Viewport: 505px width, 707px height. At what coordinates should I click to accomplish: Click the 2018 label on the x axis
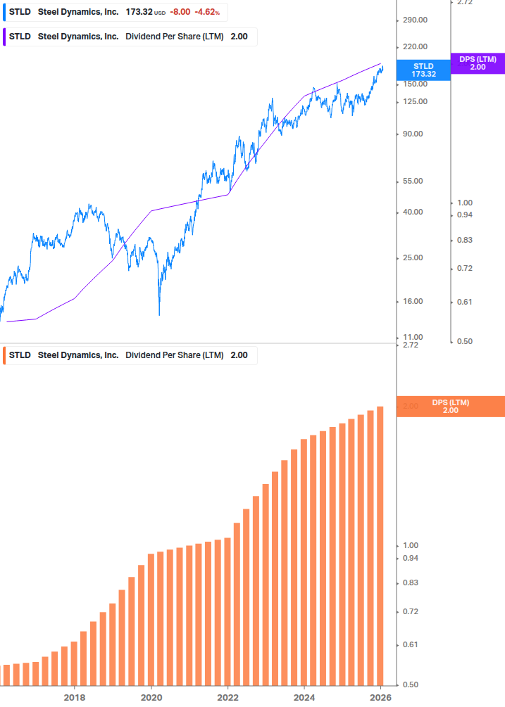click(75, 697)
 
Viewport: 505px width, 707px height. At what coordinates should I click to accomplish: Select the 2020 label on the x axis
click(151, 697)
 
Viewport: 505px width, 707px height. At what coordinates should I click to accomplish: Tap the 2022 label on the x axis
click(228, 697)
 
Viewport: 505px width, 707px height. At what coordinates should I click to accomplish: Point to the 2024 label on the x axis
click(304, 697)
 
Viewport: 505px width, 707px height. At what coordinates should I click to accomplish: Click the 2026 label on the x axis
click(381, 697)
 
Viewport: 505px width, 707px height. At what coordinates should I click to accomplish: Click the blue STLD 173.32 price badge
click(423, 70)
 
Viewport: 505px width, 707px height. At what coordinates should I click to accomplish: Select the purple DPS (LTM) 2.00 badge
click(478, 63)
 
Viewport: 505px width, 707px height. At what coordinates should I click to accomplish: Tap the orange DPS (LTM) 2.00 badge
click(450, 406)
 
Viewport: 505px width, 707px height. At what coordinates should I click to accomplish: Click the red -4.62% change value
click(207, 13)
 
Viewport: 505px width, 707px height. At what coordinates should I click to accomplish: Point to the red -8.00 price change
click(180, 13)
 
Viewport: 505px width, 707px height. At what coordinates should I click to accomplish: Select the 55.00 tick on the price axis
click(413, 181)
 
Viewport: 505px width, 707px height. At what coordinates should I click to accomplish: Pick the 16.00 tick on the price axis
click(413, 301)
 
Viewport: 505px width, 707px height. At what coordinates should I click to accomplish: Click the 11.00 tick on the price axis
click(413, 337)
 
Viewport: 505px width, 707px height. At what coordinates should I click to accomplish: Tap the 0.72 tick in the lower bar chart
click(410, 612)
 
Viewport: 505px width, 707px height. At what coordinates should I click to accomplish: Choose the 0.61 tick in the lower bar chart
click(410, 644)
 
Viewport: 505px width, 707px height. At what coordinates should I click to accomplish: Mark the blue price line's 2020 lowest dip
click(159, 314)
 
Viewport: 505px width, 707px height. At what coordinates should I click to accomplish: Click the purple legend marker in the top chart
click(4, 37)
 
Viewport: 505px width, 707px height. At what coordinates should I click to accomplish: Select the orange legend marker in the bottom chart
click(4, 355)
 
